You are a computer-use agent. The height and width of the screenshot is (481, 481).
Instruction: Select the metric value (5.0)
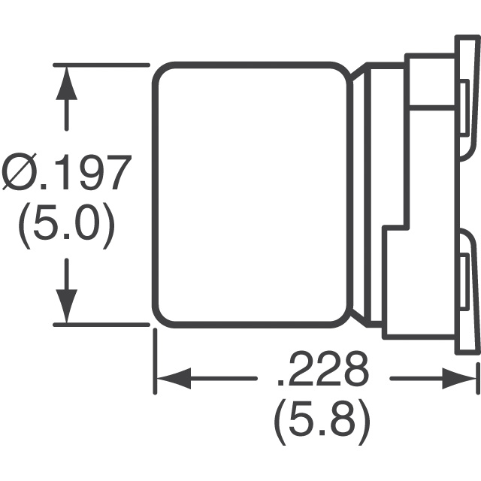[x=67, y=225]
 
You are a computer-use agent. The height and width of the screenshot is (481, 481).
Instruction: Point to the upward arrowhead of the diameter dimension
[x=67, y=83]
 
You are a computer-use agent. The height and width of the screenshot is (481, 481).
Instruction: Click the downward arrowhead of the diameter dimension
[x=67, y=306]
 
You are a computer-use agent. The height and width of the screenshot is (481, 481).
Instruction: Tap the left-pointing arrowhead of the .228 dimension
[x=174, y=378]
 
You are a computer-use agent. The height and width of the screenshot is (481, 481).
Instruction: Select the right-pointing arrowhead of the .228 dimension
[x=459, y=378]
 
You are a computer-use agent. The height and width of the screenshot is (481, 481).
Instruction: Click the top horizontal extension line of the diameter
[x=101, y=65]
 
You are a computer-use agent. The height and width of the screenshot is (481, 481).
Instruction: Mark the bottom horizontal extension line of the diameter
[x=101, y=325]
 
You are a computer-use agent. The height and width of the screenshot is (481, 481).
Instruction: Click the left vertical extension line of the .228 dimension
[x=156, y=362]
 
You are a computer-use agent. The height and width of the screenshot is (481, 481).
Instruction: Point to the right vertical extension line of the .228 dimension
[x=478, y=378]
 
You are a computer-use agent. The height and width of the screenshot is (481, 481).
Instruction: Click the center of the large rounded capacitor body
[x=252, y=195]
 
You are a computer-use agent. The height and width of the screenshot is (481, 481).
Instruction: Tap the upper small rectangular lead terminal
[x=464, y=107]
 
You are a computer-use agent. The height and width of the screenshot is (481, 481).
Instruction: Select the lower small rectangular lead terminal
[x=464, y=280]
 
